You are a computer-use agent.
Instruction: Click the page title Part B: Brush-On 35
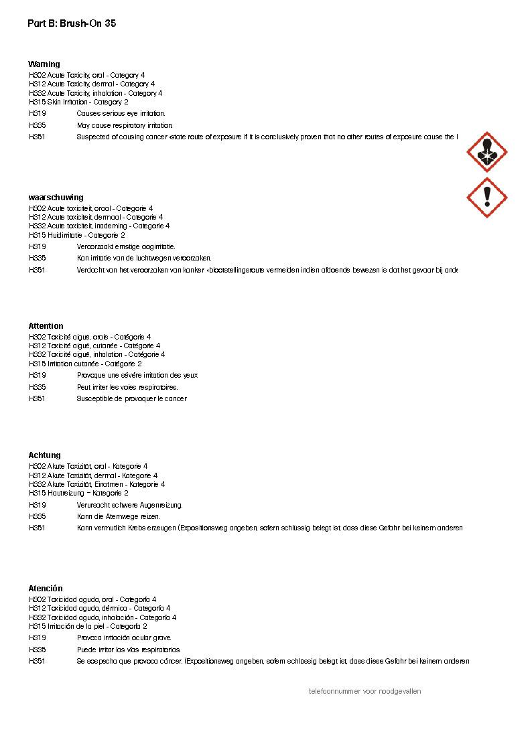72,23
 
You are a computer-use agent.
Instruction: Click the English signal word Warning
44,64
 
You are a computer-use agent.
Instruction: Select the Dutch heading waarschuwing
56,198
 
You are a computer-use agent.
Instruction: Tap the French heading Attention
46,326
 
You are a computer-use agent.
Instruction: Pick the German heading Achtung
44,455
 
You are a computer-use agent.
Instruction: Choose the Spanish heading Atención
45,589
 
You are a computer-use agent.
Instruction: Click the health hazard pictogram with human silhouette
487,152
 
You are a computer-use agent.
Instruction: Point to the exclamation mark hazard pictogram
487,198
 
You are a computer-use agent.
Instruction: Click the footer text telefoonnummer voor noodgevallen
364,691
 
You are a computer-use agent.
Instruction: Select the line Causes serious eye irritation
121,114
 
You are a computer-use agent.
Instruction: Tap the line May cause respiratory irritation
125,125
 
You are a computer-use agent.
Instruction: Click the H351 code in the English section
38,137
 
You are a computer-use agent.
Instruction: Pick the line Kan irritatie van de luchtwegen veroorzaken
144,258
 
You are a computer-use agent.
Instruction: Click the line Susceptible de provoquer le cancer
131,398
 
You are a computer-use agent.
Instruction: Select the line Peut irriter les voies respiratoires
127,387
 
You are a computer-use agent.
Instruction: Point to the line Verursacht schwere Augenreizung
129,505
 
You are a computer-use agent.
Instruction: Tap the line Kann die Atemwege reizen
119,516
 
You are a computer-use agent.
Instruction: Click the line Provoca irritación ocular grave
124,638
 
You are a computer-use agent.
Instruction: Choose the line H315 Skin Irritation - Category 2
78,102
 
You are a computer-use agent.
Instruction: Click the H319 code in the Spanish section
38,638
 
